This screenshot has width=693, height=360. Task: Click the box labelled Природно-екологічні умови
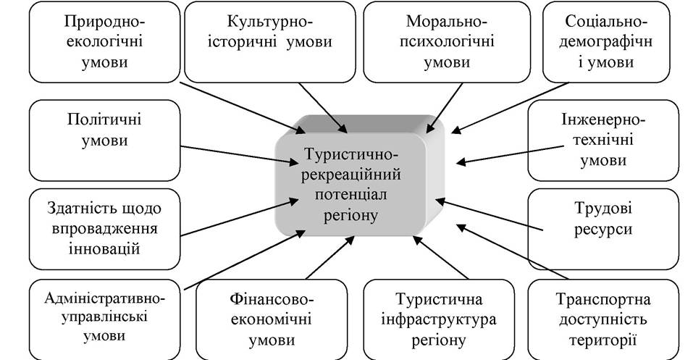[105, 42]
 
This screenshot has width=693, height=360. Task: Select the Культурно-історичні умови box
[269, 42]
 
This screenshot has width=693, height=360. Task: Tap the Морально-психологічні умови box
[446, 42]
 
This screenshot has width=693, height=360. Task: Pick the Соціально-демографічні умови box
[606, 42]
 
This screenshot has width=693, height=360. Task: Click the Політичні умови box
[105, 141]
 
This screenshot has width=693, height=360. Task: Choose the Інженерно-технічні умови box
[603, 141]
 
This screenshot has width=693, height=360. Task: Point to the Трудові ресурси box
[603, 229]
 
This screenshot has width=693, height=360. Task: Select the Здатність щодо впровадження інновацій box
[105, 229]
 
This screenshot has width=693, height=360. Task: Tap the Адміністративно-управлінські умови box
[105, 319]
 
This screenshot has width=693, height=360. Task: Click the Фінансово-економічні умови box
[272, 319]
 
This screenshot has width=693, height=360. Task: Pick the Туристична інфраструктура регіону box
[439, 319]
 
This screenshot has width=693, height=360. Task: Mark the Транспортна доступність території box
[603, 319]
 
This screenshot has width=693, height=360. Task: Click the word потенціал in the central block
[351, 195]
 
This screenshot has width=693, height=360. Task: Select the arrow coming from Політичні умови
[240, 155]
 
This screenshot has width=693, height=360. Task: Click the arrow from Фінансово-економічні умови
[330, 257]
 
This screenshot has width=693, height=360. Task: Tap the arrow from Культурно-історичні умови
[323, 107]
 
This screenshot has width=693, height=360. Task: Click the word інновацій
[105, 248]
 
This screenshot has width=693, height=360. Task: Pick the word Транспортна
[603, 299]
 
